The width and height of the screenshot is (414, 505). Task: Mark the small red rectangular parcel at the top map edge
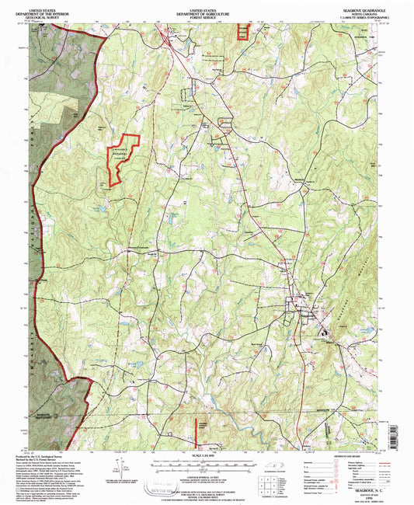click(x=241, y=31)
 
